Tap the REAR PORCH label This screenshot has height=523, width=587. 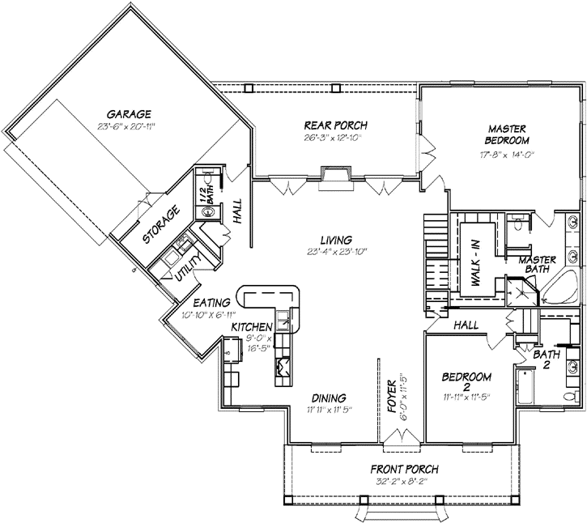[335, 125]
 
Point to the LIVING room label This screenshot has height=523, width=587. [334, 240]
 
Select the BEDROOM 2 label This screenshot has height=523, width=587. [467, 383]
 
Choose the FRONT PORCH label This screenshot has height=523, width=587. [404, 470]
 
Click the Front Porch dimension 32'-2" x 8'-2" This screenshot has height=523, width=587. [404, 481]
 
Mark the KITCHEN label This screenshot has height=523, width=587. [250, 326]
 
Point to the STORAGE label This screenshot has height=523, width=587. [162, 225]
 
